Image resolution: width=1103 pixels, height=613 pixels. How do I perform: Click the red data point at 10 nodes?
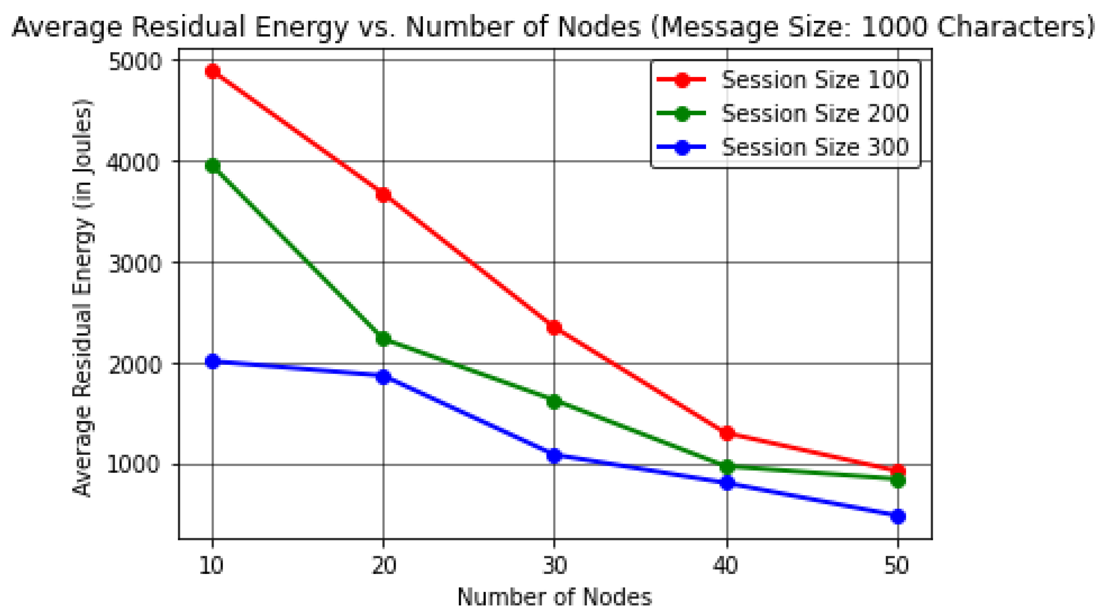[x=212, y=71]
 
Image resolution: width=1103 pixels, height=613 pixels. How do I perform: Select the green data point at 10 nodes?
[x=212, y=166]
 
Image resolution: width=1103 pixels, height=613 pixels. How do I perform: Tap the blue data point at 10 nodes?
[x=212, y=361]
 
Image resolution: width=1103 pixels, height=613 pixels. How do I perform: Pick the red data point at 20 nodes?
[x=383, y=195]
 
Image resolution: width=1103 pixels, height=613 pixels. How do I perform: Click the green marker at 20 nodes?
[x=383, y=338]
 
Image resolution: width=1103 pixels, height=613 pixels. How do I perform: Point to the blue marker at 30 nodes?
[x=554, y=455]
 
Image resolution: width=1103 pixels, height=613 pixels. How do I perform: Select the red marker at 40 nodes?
[x=727, y=433]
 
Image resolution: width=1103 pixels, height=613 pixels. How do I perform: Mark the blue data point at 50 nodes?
[x=898, y=516]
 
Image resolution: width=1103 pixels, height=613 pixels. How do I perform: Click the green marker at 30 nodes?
[x=554, y=401]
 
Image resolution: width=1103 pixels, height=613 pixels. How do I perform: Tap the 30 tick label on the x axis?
[x=554, y=565]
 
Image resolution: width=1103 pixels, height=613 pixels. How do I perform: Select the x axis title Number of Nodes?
[x=554, y=597]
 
